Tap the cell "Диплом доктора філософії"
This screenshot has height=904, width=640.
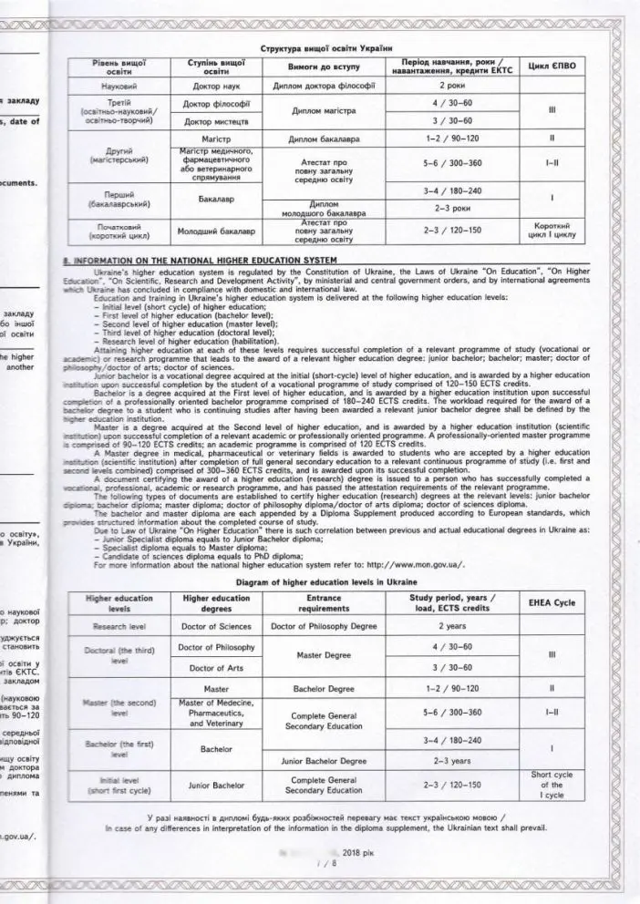(x=325, y=87)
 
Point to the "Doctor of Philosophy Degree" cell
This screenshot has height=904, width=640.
(x=324, y=627)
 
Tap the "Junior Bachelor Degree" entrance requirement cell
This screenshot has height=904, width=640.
(x=324, y=759)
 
